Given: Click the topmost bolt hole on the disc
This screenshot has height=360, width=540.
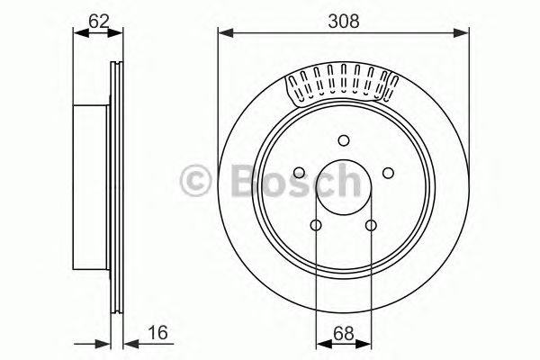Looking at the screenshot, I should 343,139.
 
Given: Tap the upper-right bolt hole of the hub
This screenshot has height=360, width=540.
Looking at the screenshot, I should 388,173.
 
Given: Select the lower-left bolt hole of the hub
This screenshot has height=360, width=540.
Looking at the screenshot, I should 316,226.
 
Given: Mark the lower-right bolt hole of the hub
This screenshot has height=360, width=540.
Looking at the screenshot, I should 370,226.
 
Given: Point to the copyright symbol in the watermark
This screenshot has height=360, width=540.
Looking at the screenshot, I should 196,179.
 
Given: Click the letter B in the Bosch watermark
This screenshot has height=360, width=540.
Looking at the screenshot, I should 237,179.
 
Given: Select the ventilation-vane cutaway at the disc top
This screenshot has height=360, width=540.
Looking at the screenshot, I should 342,84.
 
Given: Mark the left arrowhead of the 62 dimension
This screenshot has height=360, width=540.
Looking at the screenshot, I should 76,34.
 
